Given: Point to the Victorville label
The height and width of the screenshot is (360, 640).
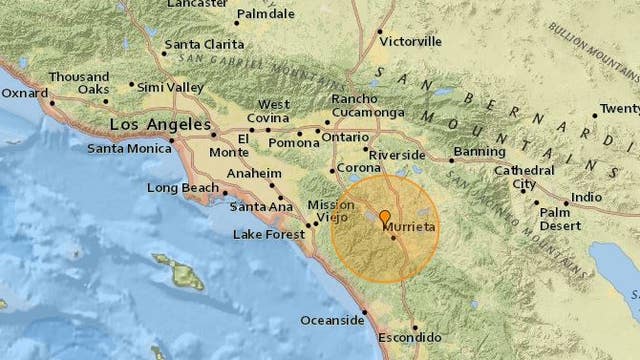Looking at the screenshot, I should pos(411,43).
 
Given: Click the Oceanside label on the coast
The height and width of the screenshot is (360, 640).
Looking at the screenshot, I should pos(331,321).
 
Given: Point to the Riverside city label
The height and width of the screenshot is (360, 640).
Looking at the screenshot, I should pos(398,155).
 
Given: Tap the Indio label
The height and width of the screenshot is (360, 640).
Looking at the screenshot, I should pos(586,197).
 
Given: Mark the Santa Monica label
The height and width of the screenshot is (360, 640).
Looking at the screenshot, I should pos(128,149).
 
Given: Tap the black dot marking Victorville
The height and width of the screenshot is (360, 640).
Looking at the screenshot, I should pos(379,33).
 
